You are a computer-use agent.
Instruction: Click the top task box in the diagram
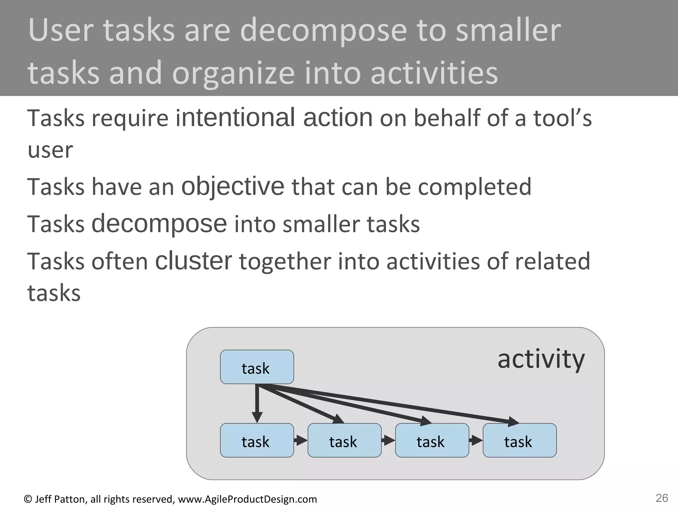[x=257, y=367]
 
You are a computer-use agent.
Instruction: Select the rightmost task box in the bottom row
[x=519, y=441]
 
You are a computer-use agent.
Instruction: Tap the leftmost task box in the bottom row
[x=257, y=441]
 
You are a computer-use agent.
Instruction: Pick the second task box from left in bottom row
[x=344, y=441]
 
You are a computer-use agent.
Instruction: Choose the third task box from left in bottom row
[x=432, y=441]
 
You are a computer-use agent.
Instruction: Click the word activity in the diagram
[x=541, y=360]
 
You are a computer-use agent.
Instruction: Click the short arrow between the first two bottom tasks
[x=301, y=441]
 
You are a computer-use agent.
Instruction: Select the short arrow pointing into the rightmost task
[x=476, y=441]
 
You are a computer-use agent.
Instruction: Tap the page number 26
[x=662, y=498]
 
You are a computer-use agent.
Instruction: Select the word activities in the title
[x=434, y=73]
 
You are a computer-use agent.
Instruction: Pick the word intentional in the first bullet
[x=235, y=118]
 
